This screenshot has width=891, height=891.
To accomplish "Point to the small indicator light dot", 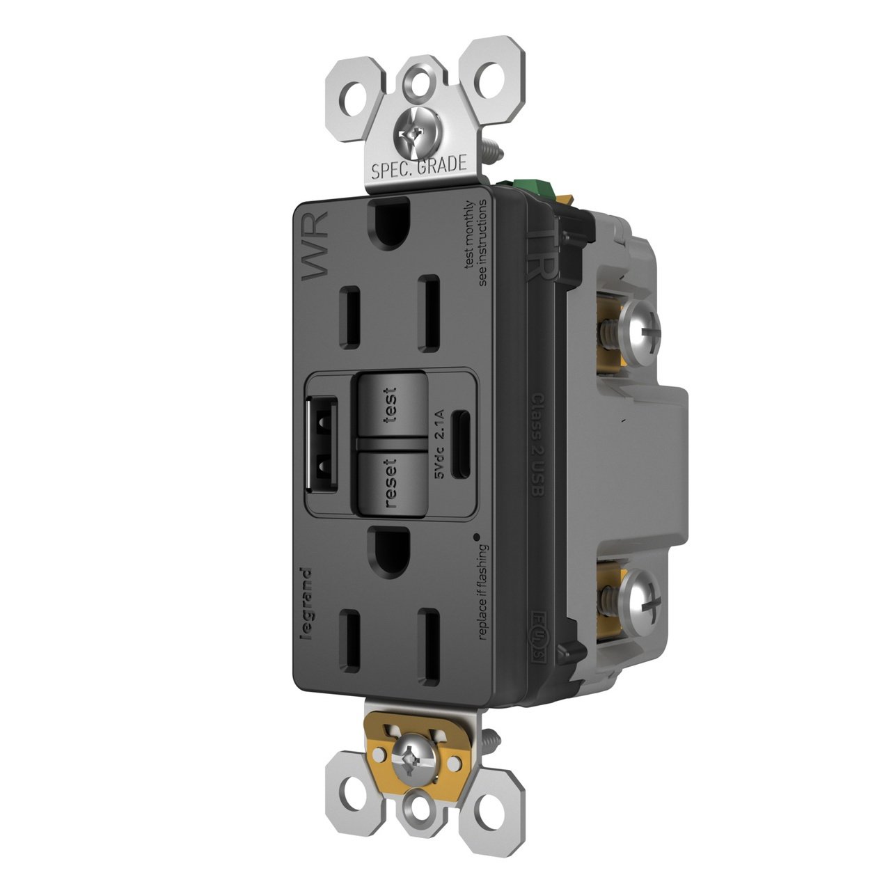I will pyautogui.click(x=477, y=536).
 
